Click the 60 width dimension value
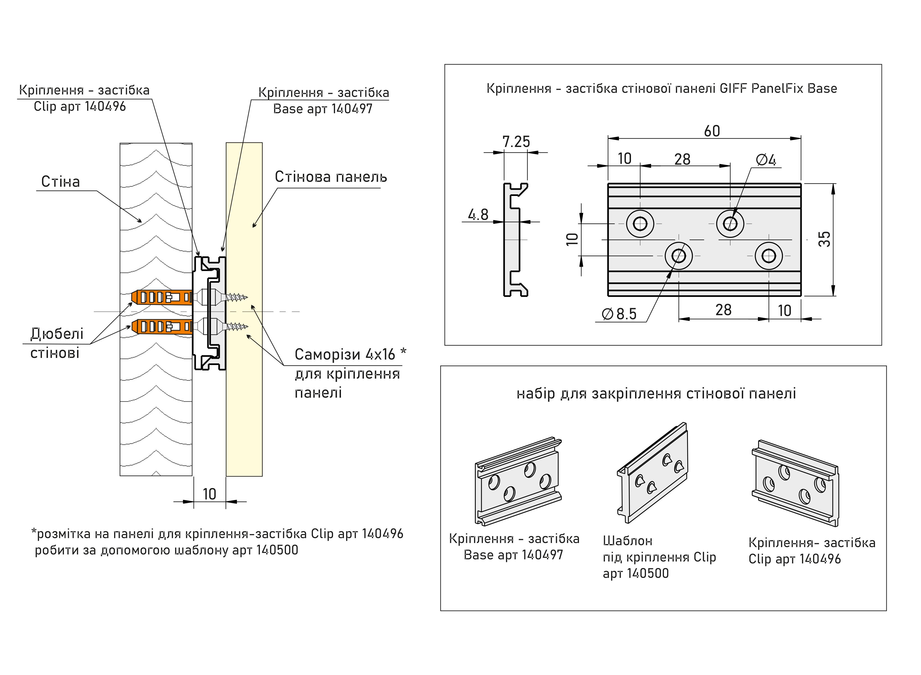coord(712,131)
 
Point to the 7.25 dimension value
coord(516,142)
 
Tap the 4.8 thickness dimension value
coord(478,214)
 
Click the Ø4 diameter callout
coord(766,160)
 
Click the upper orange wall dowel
coord(162,297)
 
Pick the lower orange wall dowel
coord(162,326)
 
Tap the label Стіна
coord(60,182)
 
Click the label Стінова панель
coord(331,177)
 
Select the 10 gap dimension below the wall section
coord(209,494)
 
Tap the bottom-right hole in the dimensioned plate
coord(768,256)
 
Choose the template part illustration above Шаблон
coord(652,473)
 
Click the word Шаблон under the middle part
coord(627,541)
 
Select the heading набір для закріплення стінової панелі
coord(656,394)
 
